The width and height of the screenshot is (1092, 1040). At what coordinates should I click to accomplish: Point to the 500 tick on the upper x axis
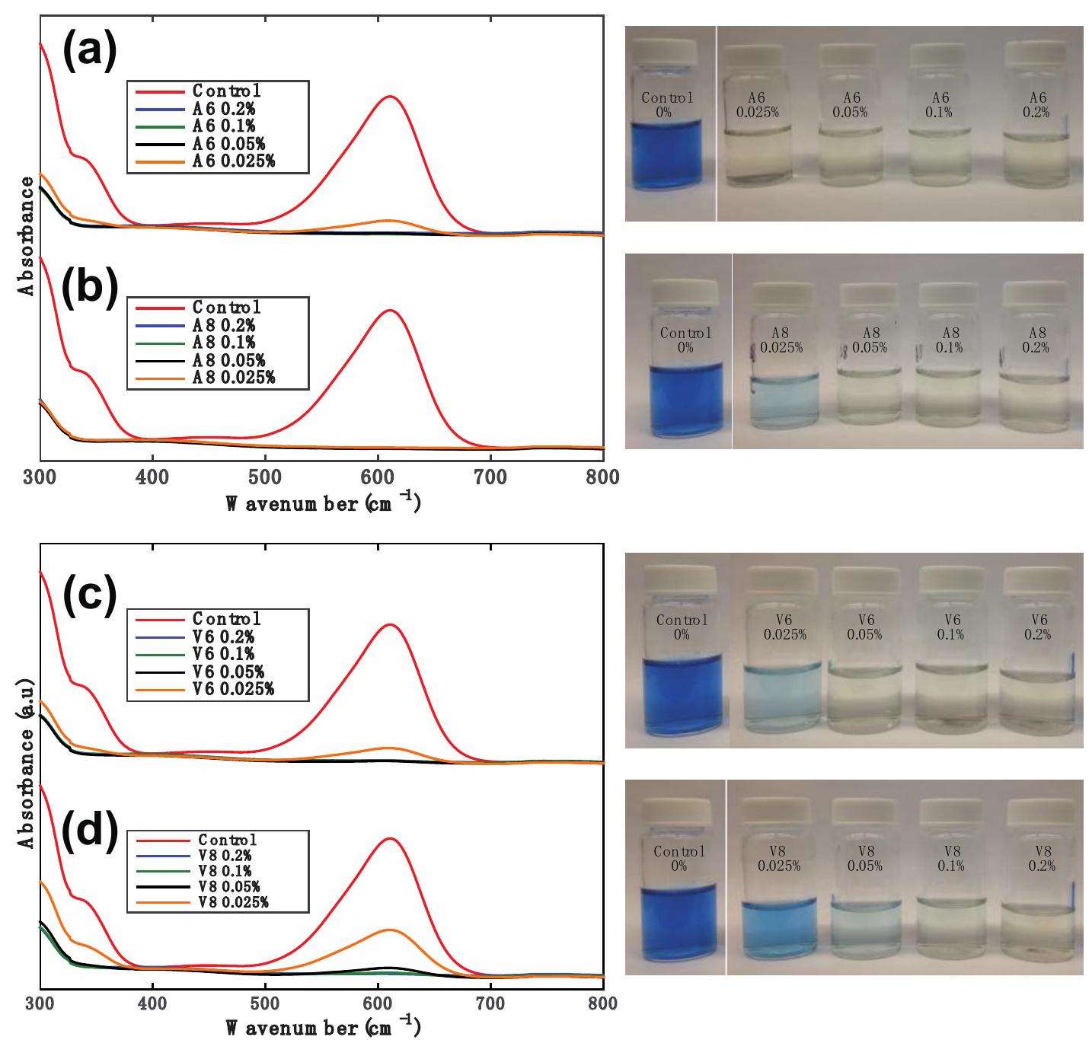point(265,477)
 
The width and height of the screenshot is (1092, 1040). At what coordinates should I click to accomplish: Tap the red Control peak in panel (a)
point(390,97)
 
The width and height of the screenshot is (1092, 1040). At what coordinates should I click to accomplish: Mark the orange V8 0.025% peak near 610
point(390,930)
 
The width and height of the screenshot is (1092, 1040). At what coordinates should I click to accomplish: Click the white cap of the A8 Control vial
point(685,292)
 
